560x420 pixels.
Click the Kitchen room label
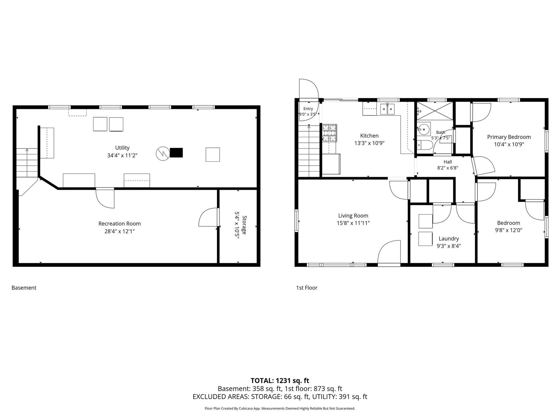pyautogui.click(x=369, y=136)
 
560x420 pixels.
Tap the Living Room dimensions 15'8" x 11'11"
pyautogui.click(x=353, y=223)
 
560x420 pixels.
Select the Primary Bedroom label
pyautogui.click(x=509, y=137)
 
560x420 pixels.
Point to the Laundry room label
pyautogui.click(x=448, y=239)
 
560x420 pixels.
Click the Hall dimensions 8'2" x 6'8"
pyautogui.click(x=448, y=168)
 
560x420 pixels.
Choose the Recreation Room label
pyautogui.click(x=119, y=224)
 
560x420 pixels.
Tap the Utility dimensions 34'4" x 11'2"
pyautogui.click(x=122, y=155)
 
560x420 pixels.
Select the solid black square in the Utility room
pyautogui.click(x=176, y=153)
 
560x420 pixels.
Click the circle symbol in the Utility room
pyautogui.click(x=163, y=154)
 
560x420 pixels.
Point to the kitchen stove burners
pyautogui.click(x=330, y=133)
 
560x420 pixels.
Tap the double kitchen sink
pyautogui.click(x=387, y=109)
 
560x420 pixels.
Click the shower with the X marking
pyautogui.click(x=435, y=111)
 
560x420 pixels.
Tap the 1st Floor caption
pyautogui.click(x=306, y=288)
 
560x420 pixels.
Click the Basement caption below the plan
pyautogui.click(x=24, y=288)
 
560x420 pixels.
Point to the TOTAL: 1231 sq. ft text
pyautogui.click(x=280, y=381)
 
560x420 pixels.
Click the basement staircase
pyautogui.click(x=27, y=163)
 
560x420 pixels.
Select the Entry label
pyautogui.click(x=308, y=108)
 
